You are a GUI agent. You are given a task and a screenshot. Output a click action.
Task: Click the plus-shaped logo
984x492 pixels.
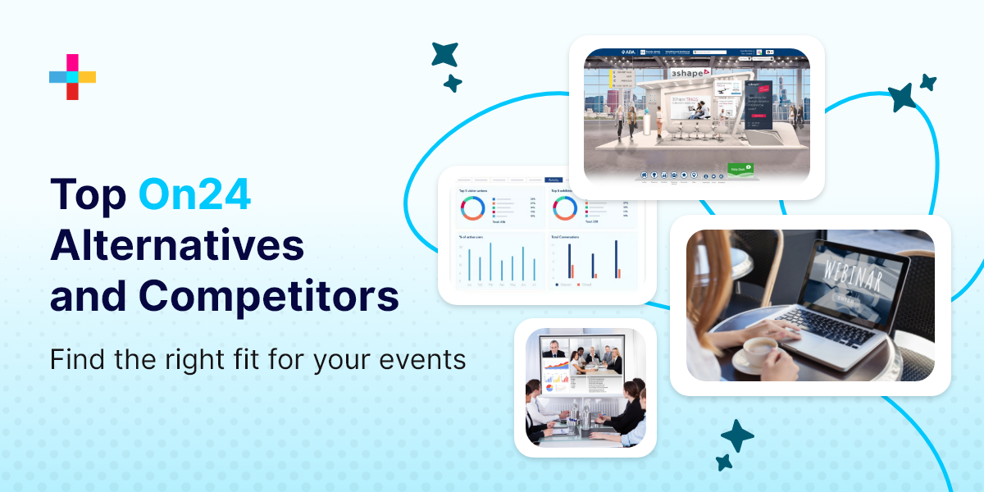point(72,77)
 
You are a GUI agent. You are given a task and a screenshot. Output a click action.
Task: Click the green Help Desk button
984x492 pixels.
point(740,169)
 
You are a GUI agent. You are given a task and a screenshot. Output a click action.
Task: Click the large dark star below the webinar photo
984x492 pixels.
point(736,436)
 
